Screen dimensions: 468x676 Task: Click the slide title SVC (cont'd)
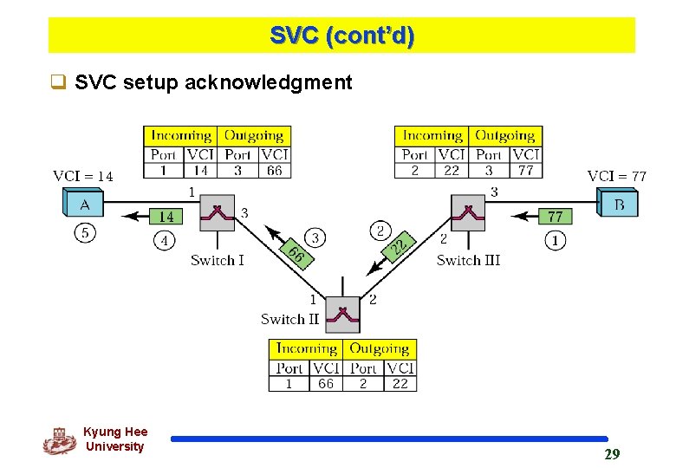341,36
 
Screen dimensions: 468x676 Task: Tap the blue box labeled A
84,205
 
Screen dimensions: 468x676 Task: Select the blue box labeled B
619,205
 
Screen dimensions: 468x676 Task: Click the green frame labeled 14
166,216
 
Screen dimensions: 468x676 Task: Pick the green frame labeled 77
555,216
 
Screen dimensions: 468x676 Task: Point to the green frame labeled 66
296,254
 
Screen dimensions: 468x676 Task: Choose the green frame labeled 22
399,247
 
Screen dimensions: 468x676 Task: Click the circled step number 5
85,233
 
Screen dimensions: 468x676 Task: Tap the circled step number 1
556,240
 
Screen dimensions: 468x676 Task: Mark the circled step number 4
165,240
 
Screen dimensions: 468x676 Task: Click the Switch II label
289,319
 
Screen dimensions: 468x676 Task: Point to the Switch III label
468,260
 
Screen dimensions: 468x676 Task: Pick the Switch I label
218,260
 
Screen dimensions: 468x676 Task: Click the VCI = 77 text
616,176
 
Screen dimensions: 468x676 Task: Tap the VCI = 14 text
83,176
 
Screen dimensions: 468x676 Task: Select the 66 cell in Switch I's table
274,171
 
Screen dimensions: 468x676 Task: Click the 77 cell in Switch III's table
525,171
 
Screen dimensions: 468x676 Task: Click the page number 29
612,454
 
